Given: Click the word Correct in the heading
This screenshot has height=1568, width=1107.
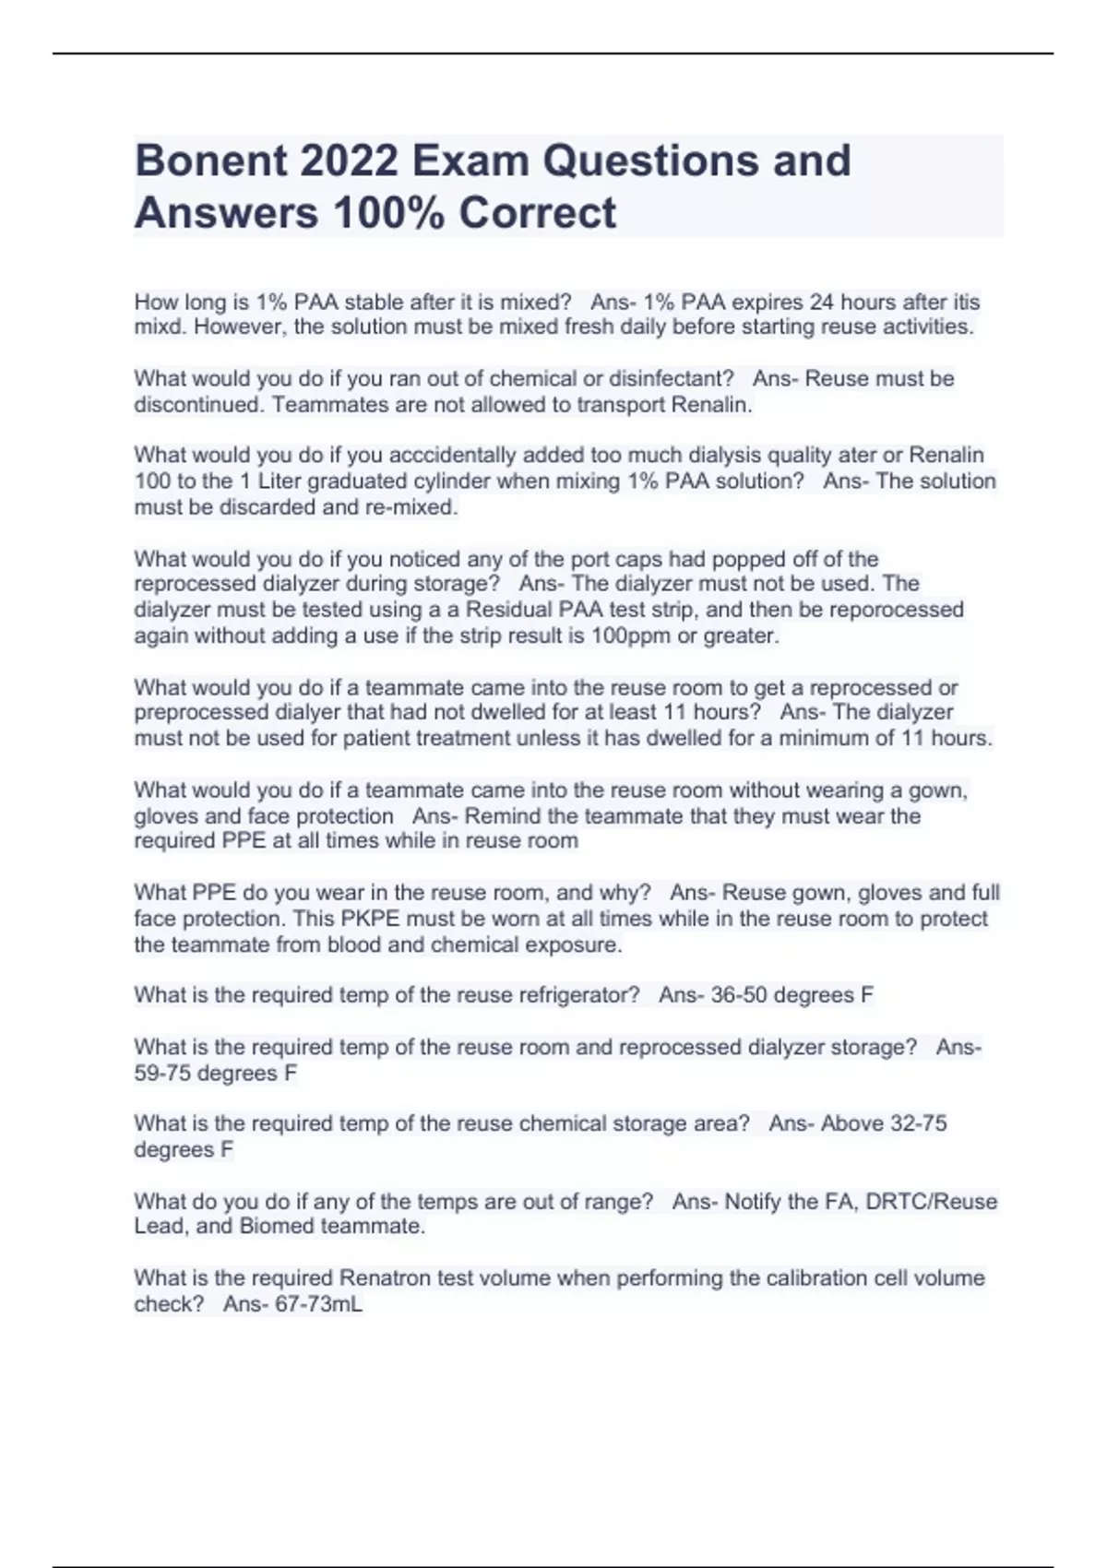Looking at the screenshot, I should click(538, 213).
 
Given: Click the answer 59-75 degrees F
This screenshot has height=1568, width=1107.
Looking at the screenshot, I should click(215, 1074).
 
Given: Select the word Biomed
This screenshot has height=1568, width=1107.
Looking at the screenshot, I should click(277, 1227).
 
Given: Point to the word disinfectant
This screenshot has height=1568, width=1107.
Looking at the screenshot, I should click(671, 379).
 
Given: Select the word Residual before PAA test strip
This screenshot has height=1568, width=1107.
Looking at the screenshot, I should click(509, 610).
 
